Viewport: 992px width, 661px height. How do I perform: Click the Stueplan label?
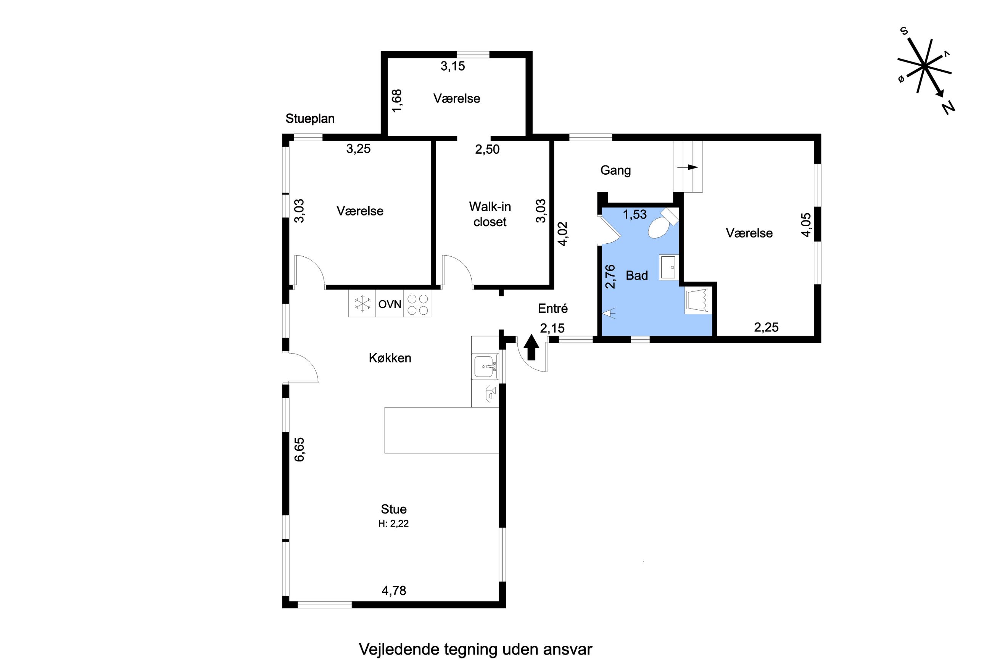pos(310,119)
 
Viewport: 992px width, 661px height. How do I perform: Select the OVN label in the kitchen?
pos(390,304)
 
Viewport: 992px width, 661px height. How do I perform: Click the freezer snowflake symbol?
pos(362,304)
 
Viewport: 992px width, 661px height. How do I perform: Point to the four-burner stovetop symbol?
pos(417,304)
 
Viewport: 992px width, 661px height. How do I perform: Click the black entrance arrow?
pos(531,347)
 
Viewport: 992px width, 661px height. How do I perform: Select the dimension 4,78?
pos(394,590)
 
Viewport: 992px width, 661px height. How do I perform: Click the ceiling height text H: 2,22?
pos(393,524)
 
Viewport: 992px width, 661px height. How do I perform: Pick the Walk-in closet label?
pos(490,214)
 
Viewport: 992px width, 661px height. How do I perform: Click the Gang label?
pos(615,170)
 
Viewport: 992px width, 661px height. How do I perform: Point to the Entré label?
pos(553,308)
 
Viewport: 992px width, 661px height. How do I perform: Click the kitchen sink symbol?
pos(486,366)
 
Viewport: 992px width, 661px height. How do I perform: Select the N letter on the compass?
pos(948,108)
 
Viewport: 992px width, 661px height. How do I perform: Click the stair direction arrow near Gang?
pos(688,167)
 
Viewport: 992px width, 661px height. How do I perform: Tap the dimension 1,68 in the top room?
pos(397,101)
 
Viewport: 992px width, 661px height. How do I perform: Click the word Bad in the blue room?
pos(637,275)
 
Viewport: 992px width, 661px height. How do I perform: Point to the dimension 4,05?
pos(806,225)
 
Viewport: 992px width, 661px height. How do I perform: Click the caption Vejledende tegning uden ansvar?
pos(475,649)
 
